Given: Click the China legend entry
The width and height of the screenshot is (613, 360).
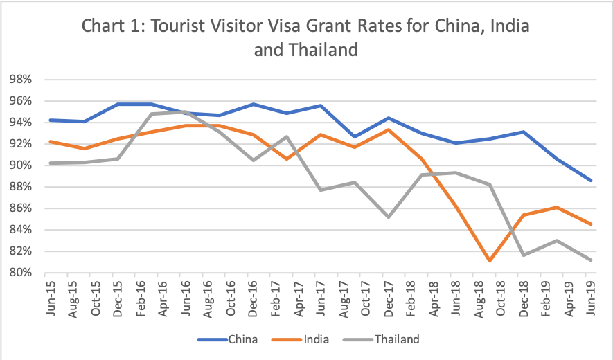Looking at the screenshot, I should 240,339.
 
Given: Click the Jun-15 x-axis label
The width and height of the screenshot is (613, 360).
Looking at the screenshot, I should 51,298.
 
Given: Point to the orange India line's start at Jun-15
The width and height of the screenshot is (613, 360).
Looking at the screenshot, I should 50,141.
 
